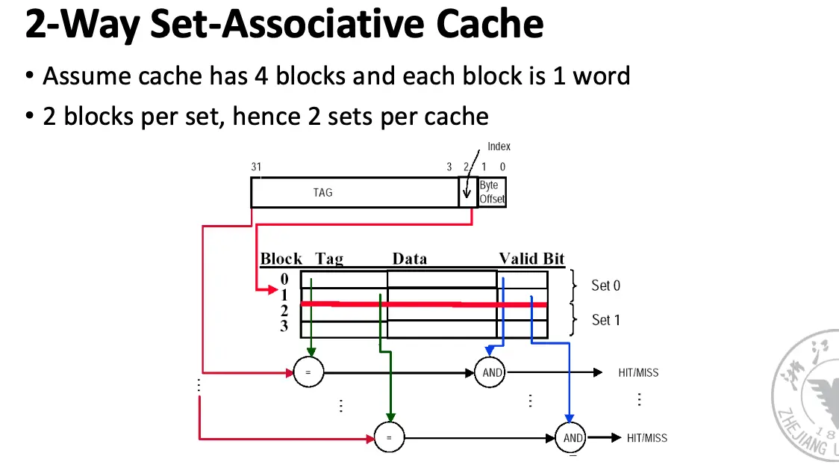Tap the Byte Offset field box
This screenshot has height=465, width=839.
[492, 192]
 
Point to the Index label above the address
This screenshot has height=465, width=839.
[499, 147]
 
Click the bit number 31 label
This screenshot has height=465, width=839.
[256, 167]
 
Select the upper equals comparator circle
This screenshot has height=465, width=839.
[308, 372]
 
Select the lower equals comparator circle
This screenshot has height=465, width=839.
[388, 437]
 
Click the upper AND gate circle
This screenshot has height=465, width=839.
[492, 372]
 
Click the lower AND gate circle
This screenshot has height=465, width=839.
[572, 437]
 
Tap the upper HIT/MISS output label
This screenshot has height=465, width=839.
[637, 372]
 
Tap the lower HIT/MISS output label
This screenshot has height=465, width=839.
[646, 438]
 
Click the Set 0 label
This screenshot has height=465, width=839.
[605, 285]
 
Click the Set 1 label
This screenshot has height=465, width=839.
[605, 320]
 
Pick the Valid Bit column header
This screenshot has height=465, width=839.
[531, 259]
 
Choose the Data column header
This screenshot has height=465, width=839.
[410, 259]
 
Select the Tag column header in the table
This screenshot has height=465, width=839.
[329, 259]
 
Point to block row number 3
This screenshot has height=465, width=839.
[284, 327]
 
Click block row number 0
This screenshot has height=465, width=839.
[284, 279]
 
